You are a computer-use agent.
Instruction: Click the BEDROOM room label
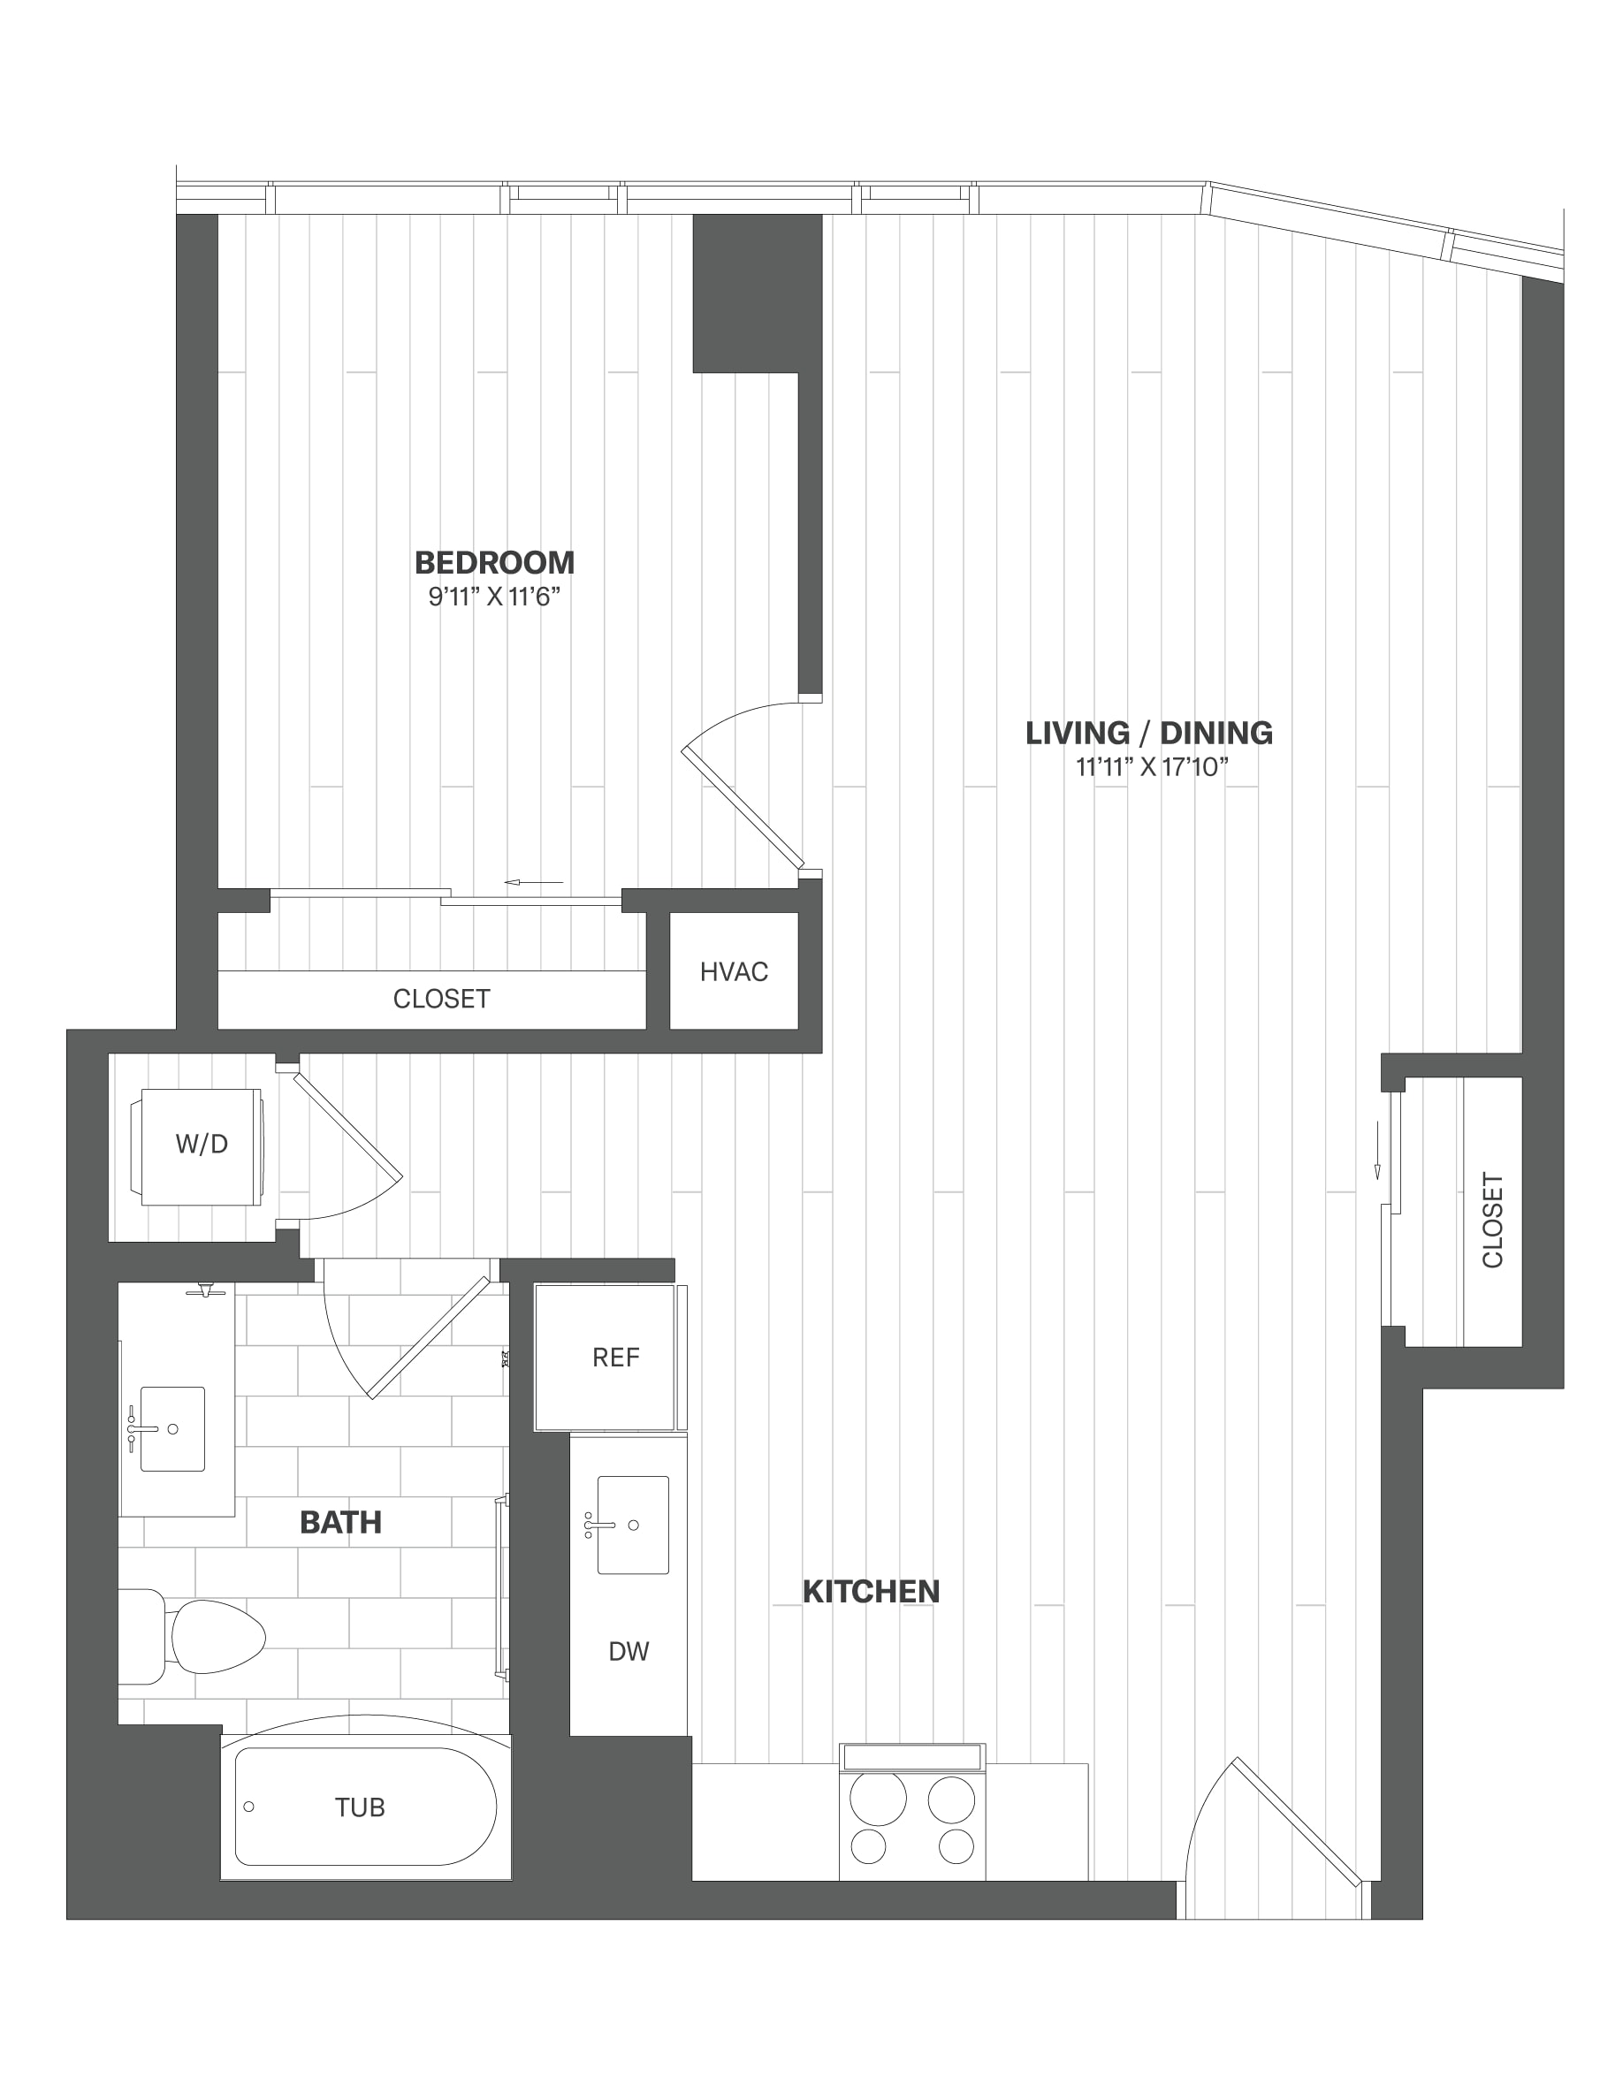494,562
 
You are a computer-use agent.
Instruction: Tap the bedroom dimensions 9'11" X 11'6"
494,597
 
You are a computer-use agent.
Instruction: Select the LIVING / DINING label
1149,733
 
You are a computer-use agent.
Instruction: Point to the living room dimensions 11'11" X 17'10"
1153,767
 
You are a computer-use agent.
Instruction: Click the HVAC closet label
734,972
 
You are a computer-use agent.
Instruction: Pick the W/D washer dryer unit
202,1146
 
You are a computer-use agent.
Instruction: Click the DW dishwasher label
629,1651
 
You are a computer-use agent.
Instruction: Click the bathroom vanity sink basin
172,1429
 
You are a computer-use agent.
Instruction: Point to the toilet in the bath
193,1637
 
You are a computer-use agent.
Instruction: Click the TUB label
360,1807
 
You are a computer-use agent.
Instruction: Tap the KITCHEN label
871,1591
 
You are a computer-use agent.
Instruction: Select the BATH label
340,1522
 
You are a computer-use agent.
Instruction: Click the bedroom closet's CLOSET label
441,999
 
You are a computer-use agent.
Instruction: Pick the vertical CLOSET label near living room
1492,1221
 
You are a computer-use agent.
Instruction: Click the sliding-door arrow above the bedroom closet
534,882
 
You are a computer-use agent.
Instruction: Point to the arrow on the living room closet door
1377,1150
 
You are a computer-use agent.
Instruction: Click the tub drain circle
249,1807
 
